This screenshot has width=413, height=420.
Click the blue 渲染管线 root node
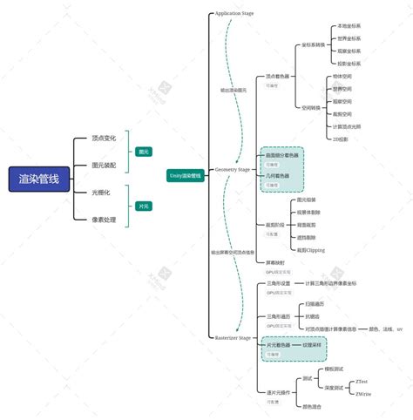39,180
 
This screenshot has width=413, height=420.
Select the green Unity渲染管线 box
185,175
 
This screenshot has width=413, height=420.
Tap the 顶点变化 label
104,139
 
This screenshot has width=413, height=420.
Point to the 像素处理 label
104,220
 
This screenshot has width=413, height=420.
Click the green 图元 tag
144,152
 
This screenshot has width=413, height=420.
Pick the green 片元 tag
144,206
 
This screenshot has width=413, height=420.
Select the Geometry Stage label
233,170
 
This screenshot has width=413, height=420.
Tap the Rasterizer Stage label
233,336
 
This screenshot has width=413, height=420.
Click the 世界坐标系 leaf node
349,38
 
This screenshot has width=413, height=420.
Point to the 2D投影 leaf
341,139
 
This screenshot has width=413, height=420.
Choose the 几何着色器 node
279,175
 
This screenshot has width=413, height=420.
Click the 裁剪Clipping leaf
310,249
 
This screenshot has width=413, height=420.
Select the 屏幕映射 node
276,261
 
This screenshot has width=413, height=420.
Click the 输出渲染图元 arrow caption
233,90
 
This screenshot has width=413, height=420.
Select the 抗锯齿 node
312,316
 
